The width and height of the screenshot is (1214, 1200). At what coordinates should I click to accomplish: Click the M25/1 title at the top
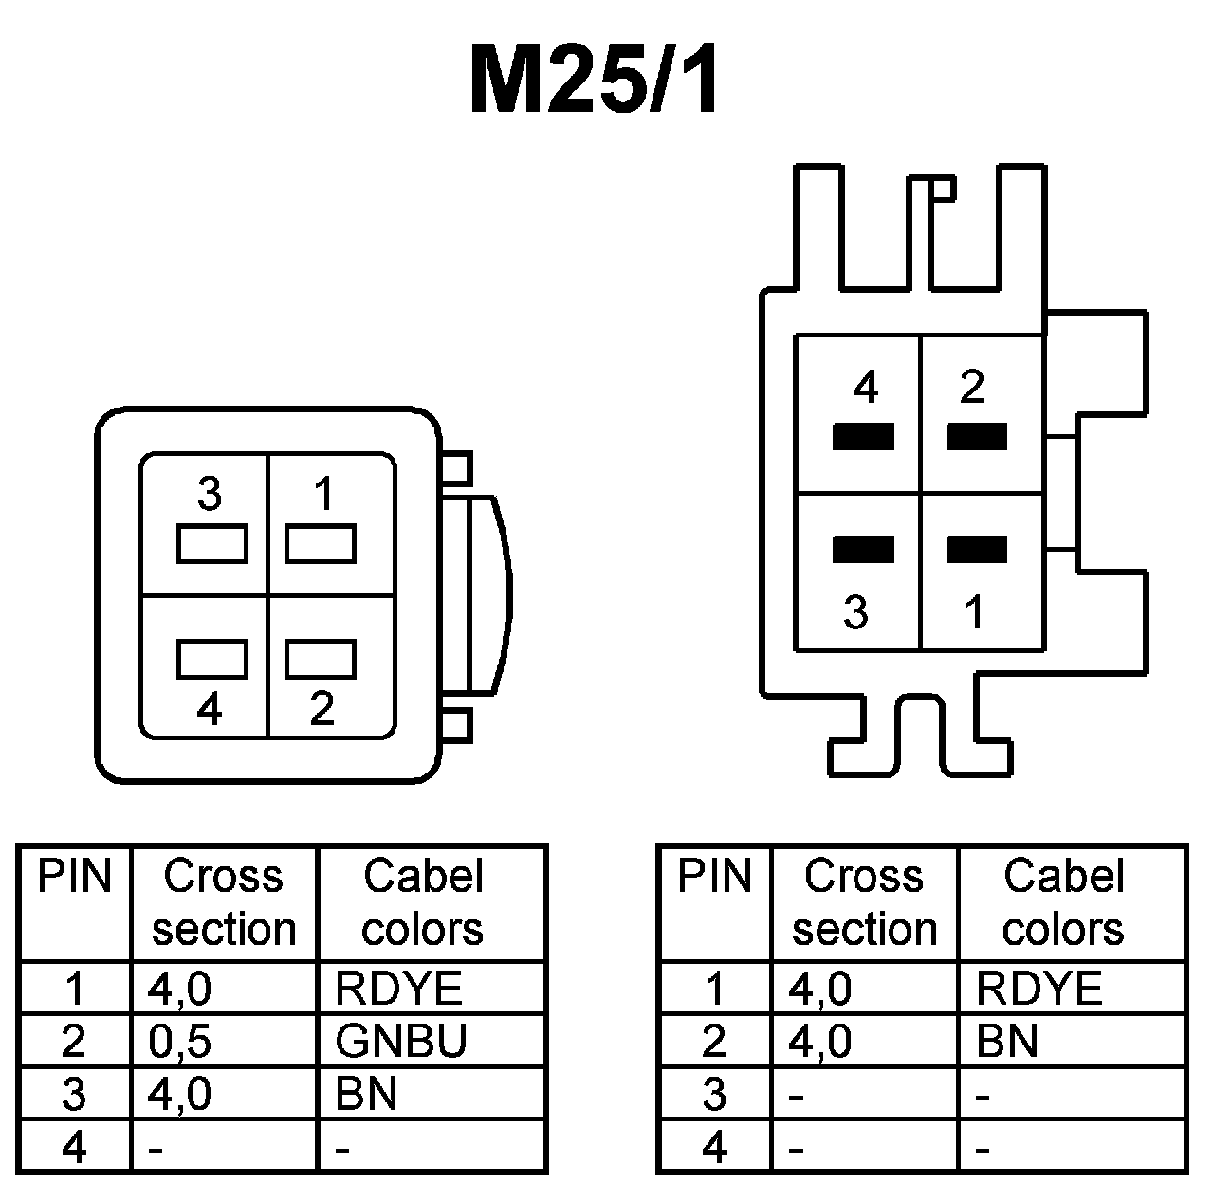tap(596, 81)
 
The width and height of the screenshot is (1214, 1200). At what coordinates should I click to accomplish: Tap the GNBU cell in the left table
tap(401, 1042)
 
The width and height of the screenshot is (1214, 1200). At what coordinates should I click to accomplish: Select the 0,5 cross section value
tap(180, 1042)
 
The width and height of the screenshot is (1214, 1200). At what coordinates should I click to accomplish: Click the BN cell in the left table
tap(366, 1095)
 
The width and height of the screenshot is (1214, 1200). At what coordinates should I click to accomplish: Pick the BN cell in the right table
tap(1007, 1042)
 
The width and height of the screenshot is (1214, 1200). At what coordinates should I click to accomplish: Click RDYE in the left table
tap(399, 990)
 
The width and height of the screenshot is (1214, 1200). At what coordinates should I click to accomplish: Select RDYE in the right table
tap(1039, 990)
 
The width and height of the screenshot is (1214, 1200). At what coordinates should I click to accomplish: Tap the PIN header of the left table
tap(74, 877)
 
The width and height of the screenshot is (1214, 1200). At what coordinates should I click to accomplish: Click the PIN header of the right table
tap(714, 877)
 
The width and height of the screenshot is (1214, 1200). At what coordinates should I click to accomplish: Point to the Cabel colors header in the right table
tap(1063, 902)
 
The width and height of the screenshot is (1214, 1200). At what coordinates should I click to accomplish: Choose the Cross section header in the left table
tap(224, 902)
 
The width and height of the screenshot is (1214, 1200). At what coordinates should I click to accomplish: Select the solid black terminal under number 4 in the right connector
tap(863, 436)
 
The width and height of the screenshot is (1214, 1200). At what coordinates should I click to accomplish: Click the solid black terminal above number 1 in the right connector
tap(977, 549)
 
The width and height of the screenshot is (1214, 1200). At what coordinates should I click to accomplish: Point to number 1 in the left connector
tap(325, 494)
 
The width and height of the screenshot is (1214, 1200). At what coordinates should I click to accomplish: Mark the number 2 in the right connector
tap(972, 387)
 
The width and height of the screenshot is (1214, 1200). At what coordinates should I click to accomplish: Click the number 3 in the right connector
tap(855, 613)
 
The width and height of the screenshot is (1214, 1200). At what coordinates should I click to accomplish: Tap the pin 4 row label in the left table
tap(74, 1148)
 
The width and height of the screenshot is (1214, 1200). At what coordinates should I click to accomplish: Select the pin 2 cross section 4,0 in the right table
tap(820, 1042)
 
